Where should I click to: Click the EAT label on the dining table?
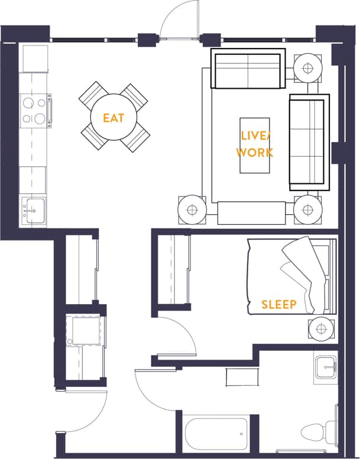[113, 118]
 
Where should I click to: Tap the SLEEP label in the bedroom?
[279, 305]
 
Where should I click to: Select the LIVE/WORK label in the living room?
[255, 144]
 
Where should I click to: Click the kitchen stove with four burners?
[34, 111]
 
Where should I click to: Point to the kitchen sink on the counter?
[33, 209]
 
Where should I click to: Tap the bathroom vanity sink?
[325, 367]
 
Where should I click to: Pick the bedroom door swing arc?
[177, 337]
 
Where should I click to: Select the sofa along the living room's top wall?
[248, 69]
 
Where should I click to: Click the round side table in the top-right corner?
[308, 67]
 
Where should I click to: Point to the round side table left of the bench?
[192, 209]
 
